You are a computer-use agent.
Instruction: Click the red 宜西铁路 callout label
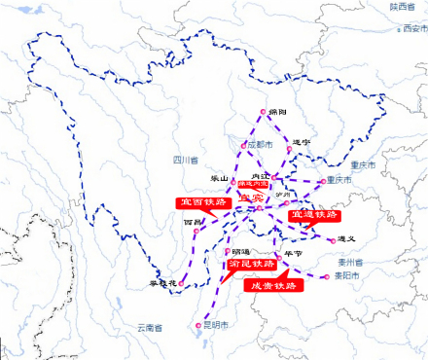196,201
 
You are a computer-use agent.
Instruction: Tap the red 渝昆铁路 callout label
251,263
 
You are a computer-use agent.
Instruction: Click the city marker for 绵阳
262,112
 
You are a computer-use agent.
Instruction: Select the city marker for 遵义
331,238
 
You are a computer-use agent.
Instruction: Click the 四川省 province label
186,159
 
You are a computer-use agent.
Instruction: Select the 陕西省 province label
402,7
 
